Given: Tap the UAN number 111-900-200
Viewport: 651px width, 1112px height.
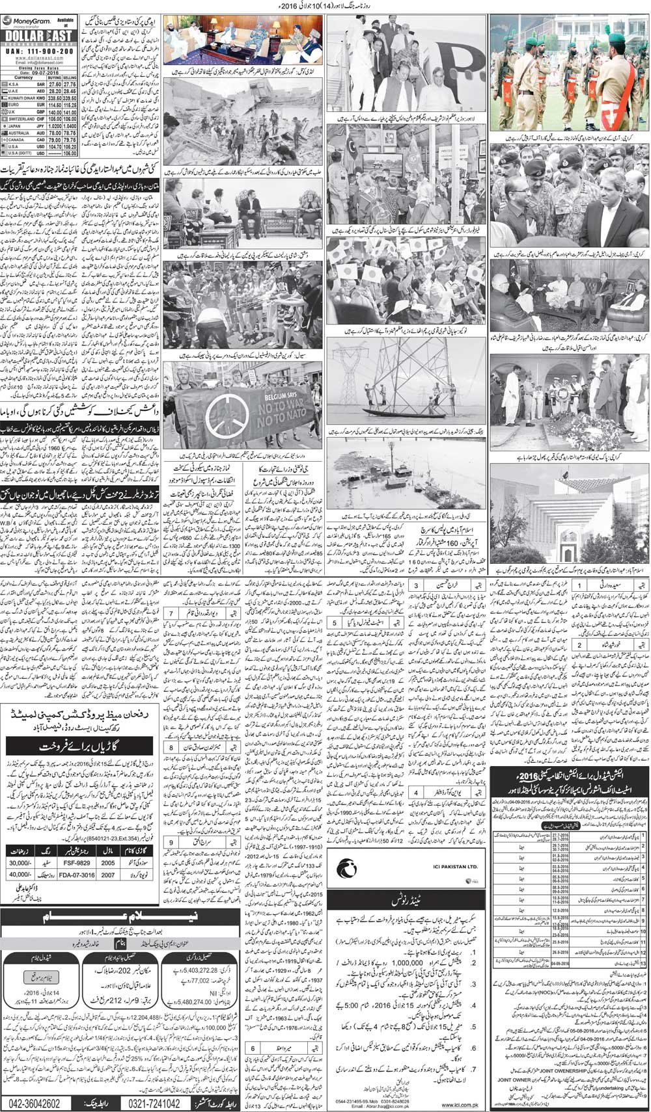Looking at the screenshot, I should tap(43, 49).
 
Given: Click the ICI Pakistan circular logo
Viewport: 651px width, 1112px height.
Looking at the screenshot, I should tap(346, 867).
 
